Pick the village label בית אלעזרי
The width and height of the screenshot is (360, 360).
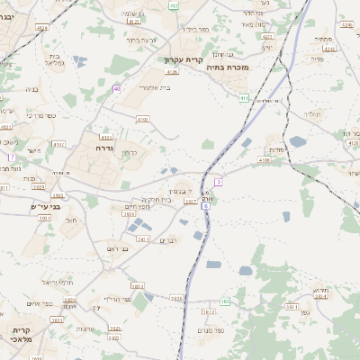tap(155, 88)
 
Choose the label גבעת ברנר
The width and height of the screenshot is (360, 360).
tap(142, 40)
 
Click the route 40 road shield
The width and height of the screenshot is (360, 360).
tap(117, 88)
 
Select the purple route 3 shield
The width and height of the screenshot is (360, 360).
tap(219, 182)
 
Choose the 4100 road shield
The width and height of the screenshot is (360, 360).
tap(142, 119)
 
